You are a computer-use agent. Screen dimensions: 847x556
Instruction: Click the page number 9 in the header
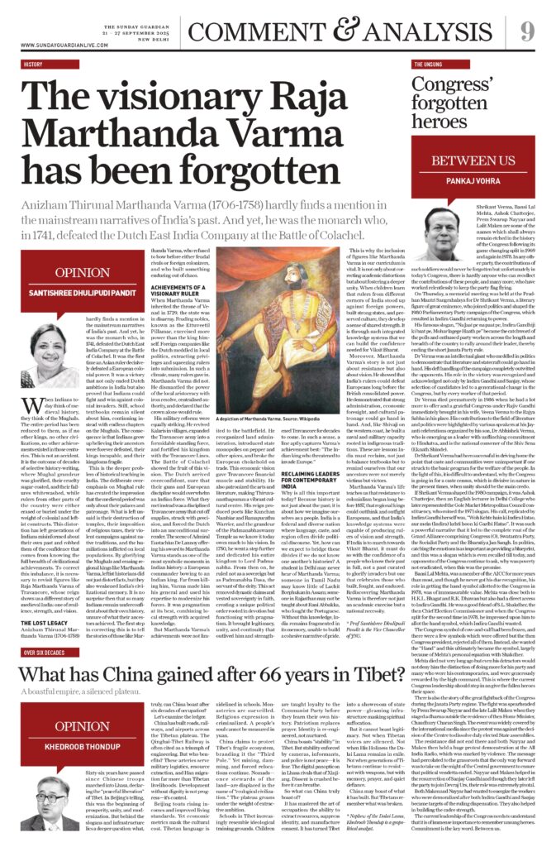coord(526,31)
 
